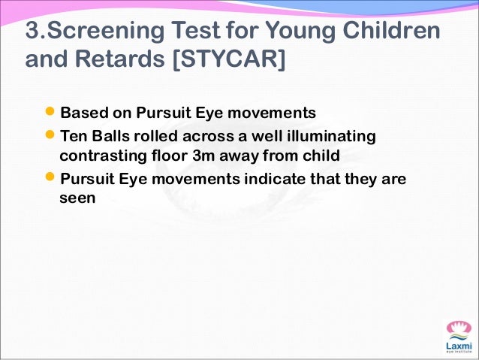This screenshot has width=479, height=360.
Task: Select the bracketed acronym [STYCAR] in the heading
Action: (x=230, y=59)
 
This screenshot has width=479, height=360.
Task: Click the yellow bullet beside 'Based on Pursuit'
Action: (x=51, y=113)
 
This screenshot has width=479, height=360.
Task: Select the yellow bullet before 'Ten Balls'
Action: (x=51, y=136)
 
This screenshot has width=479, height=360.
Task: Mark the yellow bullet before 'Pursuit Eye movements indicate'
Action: (x=51, y=180)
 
